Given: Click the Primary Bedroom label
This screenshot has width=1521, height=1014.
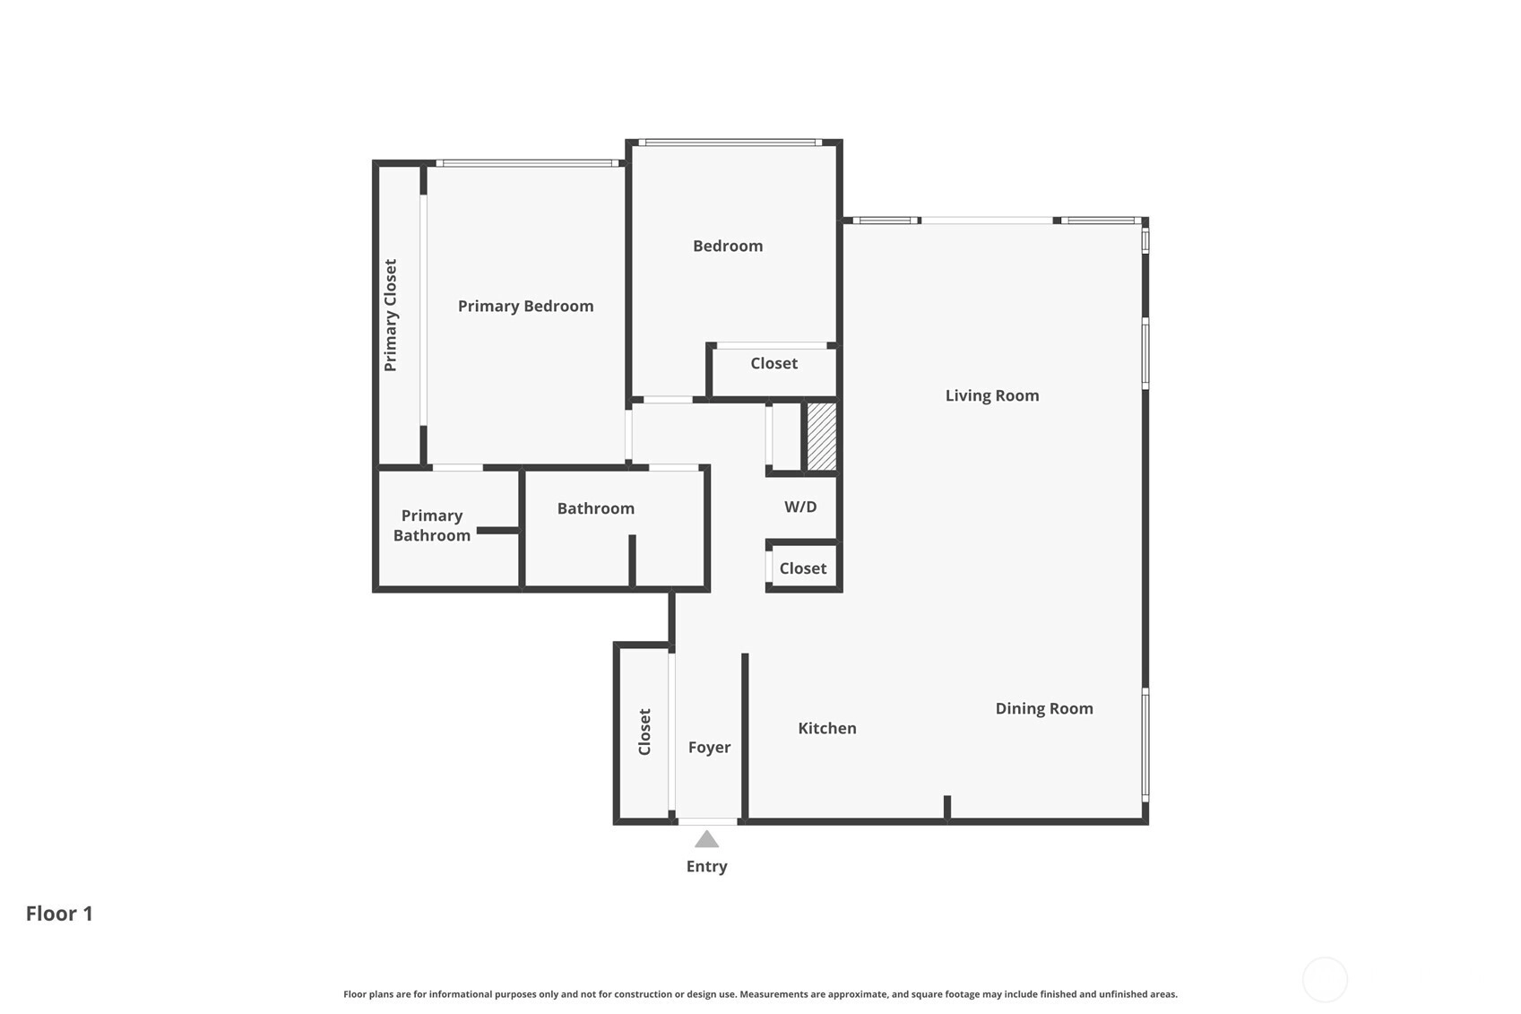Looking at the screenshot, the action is [x=525, y=307].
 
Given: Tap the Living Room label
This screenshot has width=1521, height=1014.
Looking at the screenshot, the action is [x=992, y=396].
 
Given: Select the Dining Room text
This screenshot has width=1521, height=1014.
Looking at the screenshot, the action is [x=1044, y=708].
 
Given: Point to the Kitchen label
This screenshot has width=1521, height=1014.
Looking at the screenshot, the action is [x=827, y=728].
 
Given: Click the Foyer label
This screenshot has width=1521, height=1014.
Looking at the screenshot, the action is [x=710, y=748].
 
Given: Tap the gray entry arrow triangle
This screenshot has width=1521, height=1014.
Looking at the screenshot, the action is [x=707, y=839].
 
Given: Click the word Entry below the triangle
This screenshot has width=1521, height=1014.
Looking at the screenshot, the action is [x=707, y=867].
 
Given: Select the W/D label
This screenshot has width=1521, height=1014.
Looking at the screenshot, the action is [x=800, y=507].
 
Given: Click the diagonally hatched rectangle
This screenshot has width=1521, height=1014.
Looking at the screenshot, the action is [x=822, y=436].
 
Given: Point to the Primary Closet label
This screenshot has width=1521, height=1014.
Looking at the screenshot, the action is [x=391, y=315].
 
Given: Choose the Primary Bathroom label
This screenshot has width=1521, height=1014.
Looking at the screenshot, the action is [x=432, y=525].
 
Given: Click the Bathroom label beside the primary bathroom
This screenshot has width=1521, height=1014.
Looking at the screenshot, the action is [x=596, y=508].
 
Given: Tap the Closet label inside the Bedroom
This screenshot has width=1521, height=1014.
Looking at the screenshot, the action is [x=774, y=363].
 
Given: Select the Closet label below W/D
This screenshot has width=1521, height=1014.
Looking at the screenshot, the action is [x=803, y=568].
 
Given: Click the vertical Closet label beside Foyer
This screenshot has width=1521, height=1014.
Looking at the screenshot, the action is [x=645, y=732].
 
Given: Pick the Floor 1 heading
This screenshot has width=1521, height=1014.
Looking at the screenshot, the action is [x=59, y=914].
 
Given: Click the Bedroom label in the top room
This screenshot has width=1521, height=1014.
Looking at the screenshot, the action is [x=728, y=246].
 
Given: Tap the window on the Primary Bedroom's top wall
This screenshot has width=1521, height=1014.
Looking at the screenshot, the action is [x=528, y=163].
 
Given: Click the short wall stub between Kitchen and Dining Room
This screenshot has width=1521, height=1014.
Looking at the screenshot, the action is [x=947, y=807].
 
